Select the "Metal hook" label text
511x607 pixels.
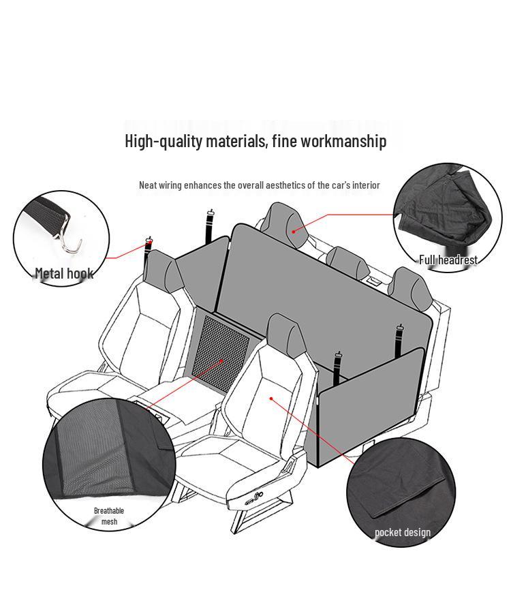tap(64, 273)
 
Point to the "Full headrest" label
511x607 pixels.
tap(448, 260)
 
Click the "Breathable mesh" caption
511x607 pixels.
tap(109, 516)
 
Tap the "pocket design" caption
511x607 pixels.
tap(403, 532)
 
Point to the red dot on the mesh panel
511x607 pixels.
tap(221, 362)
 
